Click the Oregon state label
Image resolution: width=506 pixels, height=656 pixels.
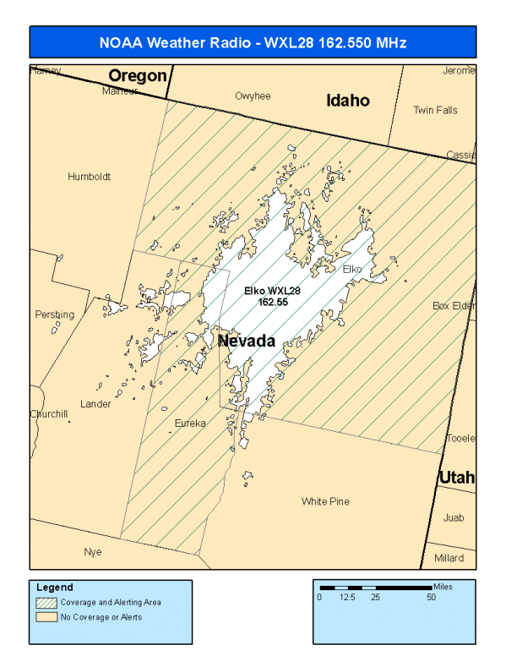pyautogui.click(x=138, y=75)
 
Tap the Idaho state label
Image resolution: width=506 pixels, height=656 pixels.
pyautogui.click(x=348, y=101)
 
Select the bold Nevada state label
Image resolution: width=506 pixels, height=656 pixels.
pyautogui.click(x=247, y=342)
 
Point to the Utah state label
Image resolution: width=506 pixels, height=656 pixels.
pyautogui.click(x=456, y=478)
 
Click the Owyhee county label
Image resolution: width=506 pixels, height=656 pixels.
pyautogui.click(x=253, y=96)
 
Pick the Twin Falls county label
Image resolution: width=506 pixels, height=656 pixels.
pyautogui.click(x=435, y=110)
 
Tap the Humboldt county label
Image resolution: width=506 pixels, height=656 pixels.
pyautogui.click(x=90, y=177)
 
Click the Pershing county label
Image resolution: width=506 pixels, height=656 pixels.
pyautogui.click(x=54, y=314)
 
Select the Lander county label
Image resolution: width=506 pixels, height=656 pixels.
pyautogui.click(x=95, y=404)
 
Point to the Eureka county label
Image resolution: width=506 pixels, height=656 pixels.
pyautogui.click(x=190, y=423)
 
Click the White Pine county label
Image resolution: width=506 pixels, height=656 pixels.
pyautogui.click(x=325, y=501)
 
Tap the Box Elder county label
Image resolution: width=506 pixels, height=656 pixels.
pyautogui.click(x=454, y=305)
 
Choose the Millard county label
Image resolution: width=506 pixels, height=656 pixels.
pyautogui.click(x=449, y=558)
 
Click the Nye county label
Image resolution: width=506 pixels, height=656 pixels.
pyautogui.click(x=92, y=552)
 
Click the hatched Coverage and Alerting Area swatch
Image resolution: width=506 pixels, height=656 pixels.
pyautogui.click(x=46, y=603)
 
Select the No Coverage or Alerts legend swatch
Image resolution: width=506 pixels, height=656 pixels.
pyautogui.click(x=46, y=617)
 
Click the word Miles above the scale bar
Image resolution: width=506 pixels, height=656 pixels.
pyautogui.click(x=443, y=585)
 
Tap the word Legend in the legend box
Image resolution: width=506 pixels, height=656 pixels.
pyautogui.click(x=55, y=587)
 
